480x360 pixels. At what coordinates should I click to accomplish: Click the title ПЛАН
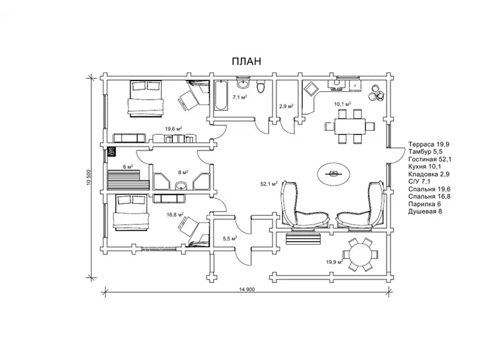[247, 61]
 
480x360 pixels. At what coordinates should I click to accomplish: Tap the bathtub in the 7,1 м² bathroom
[220, 95]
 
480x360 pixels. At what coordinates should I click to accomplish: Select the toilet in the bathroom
[260, 86]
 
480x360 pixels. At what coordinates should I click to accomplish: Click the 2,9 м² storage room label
[286, 106]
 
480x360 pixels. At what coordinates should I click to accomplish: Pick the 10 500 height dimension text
[89, 178]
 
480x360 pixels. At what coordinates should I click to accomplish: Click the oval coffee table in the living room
[333, 173]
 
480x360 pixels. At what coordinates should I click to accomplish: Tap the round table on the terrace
[360, 254]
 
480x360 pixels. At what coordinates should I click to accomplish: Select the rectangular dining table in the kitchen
[350, 126]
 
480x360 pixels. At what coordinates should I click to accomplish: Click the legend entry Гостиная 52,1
[430, 159]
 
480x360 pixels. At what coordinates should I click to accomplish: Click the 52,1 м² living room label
[269, 184]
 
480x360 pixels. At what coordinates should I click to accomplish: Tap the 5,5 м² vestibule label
[230, 238]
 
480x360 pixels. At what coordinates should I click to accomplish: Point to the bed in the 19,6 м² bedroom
[145, 98]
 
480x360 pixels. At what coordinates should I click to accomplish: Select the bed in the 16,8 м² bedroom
[131, 213]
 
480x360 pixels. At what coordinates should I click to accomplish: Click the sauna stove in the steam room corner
[112, 151]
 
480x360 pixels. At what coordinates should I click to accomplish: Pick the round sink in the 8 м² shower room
[181, 185]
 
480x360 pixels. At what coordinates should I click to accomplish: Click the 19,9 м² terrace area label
[334, 262]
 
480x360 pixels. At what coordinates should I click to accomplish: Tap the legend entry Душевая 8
[425, 211]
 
